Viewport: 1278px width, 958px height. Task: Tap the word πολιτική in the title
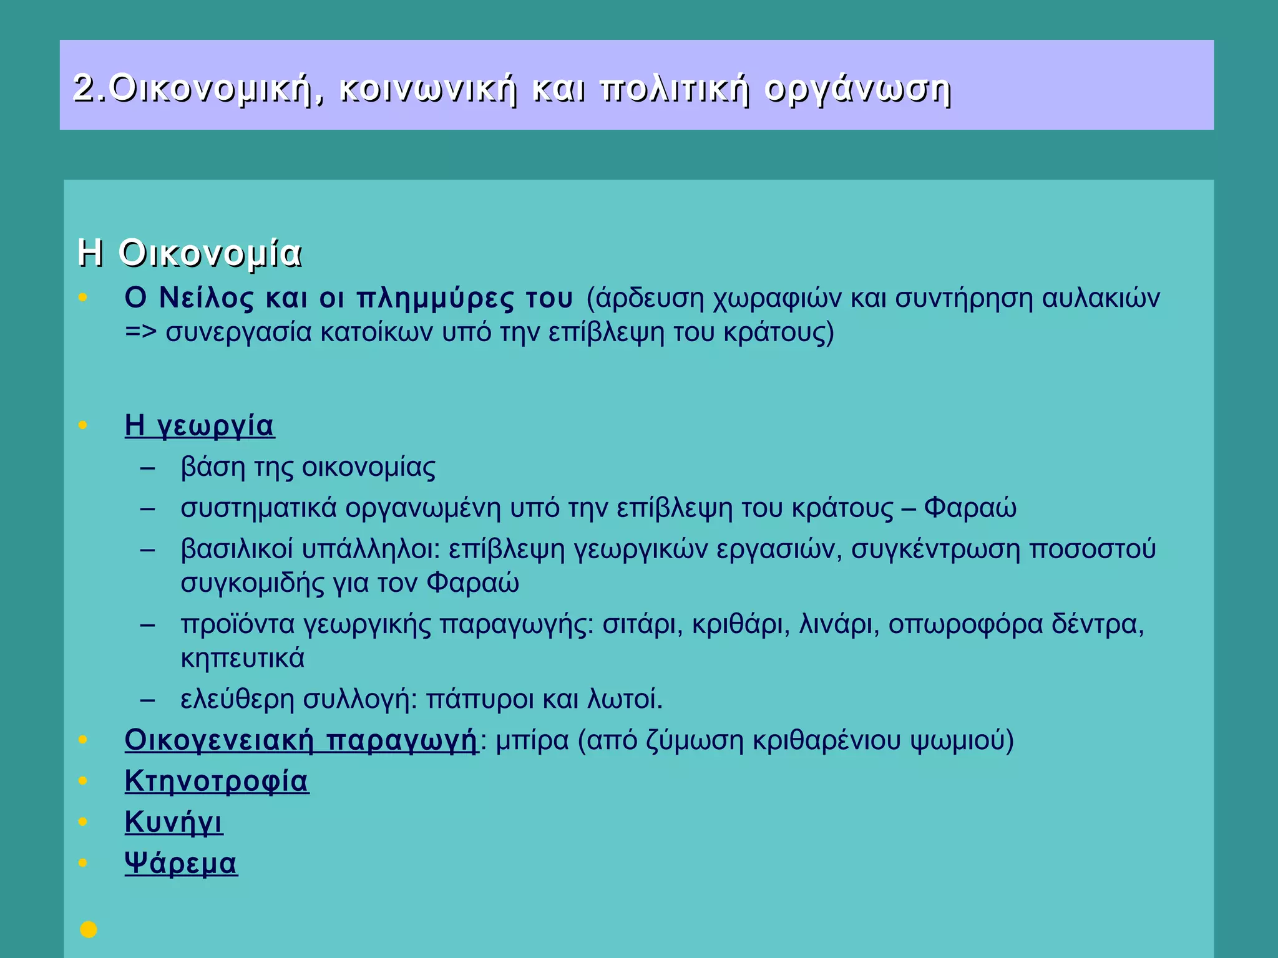click(674, 89)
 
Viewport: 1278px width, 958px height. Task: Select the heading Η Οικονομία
click(190, 254)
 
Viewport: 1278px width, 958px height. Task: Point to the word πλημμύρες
click(436, 299)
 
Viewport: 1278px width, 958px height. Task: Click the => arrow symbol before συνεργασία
click(140, 332)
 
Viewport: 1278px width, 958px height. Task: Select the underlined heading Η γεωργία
click(200, 426)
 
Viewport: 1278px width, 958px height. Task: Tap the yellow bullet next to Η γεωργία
click(83, 425)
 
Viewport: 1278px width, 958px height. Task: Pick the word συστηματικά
click(258, 508)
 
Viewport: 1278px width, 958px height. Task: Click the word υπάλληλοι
click(372, 549)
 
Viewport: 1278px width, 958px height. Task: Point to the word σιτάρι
click(643, 624)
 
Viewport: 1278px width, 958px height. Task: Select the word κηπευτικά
click(243, 659)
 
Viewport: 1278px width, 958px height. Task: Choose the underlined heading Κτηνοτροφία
click(217, 781)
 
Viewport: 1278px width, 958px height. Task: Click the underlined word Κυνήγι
click(173, 823)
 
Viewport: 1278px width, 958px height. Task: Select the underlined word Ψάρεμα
click(181, 864)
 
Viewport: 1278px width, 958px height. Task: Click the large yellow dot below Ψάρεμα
click(89, 929)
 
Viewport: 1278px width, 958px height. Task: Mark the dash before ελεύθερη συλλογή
click(148, 700)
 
